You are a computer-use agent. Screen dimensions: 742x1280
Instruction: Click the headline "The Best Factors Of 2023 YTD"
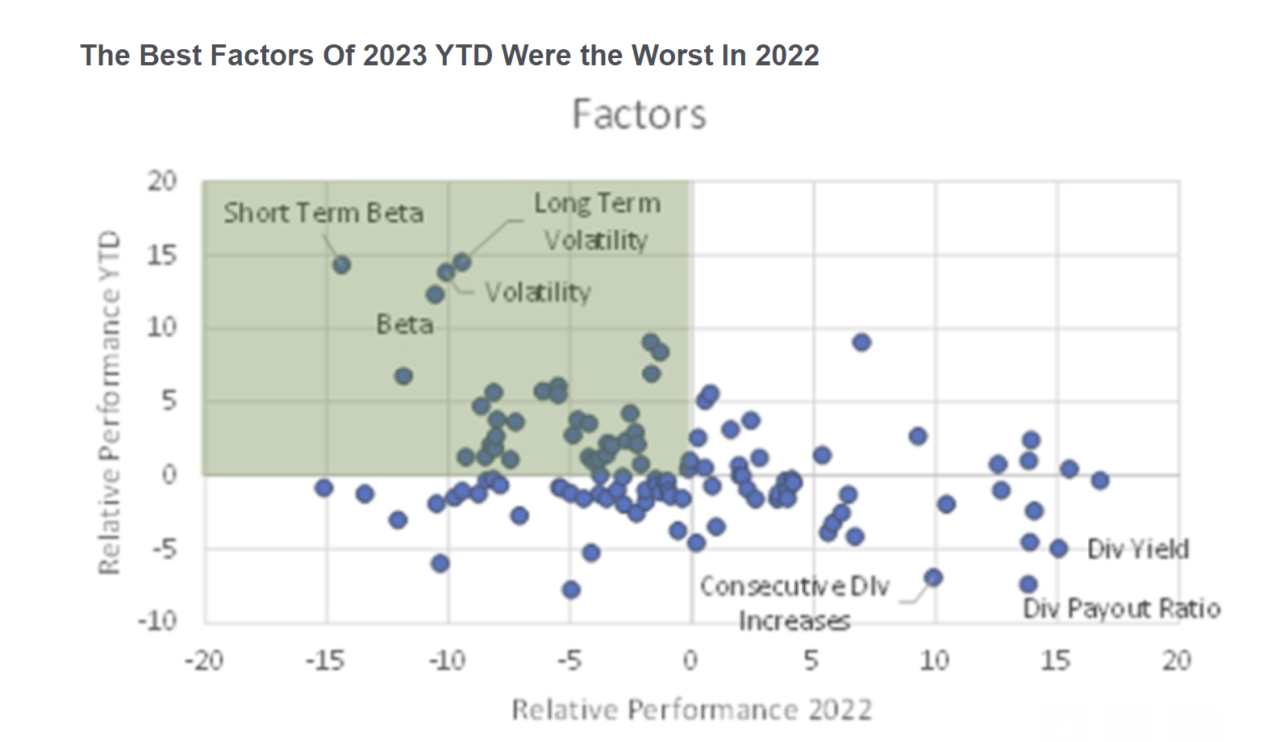[x=449, y=56]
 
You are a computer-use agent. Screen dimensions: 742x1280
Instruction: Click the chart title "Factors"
[x=639, y=115]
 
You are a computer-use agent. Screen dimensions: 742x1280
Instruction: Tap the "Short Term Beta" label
[x=323, y=213]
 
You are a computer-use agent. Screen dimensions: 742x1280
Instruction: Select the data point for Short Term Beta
[x=341, y=265]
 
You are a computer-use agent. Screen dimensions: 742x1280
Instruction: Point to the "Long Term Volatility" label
[x=597, y=221]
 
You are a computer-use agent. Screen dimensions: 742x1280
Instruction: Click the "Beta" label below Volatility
[x=405, y=324]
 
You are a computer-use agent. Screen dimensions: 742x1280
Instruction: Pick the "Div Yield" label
[x=1137, y=549]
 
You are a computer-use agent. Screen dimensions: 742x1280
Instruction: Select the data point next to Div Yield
[x=1059, y=548]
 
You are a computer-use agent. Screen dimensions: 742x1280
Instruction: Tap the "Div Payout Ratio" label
[x=1121, y=608]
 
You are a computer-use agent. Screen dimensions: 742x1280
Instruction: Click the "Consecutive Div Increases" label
[x=794, y=602]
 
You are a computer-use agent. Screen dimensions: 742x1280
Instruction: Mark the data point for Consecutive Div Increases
[x=934, y=577]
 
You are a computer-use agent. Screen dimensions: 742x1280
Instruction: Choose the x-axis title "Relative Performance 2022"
[x=692, y=710]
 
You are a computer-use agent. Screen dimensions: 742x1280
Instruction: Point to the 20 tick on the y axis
[x=161, y=181]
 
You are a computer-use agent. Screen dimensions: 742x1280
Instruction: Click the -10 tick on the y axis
[x=157, y=621]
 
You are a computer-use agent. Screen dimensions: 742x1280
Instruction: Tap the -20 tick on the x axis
[x=203, y=661]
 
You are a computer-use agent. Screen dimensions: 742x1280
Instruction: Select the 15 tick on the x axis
[x=1056, y=661]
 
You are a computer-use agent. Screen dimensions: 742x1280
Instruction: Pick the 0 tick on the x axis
[x=690, y=661]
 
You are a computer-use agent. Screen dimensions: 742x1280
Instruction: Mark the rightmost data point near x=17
[x=1100, y=480]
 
